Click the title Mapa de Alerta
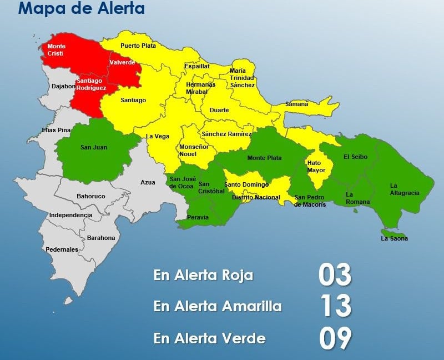(x=82, y=9)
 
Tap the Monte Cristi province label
(x=56, y=49)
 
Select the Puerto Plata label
(x=138, y=46)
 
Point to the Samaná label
(x=296, y=104)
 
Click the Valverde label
(x=122, y=62)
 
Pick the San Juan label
(x=94, y=147)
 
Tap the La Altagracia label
(x=404, y=189)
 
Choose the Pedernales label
(x=62, y=249)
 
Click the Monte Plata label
(x=264, y=158)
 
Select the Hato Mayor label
(x=316, y=167)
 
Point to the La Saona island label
(x=394, y=238)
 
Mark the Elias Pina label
(x=57, y=130)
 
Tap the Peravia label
(x=198, y=217)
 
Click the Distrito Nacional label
(x=256, y=197)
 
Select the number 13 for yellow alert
(x=335, y=306)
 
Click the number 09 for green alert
(x=335, y=338)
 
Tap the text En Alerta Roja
(x=203, y=276)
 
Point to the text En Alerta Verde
(x=209, y=338)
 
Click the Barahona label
(x=100, y=238)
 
